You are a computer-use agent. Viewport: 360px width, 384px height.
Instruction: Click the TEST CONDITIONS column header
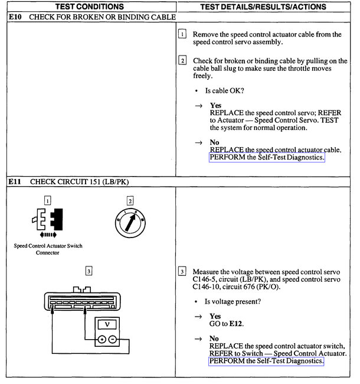click(x=90, y=6)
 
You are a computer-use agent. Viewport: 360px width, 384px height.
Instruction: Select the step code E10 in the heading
click(x=16, y=17)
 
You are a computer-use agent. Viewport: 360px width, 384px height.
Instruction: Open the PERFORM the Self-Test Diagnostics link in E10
click(x=267, y=158)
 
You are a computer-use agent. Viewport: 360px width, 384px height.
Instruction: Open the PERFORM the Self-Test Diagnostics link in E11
click(x=267, y=360)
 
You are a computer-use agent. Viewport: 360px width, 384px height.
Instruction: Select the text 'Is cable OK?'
click(x=224, y=90)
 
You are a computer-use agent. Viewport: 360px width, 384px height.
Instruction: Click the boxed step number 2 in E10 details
click(x=182, y=60)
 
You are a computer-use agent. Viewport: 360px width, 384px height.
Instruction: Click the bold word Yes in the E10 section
click(x=215, y=105)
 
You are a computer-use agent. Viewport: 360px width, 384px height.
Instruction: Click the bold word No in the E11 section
click(x=214, y=339)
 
